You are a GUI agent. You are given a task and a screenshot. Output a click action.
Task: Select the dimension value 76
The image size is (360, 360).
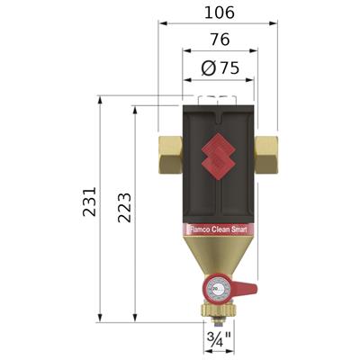(218, 40)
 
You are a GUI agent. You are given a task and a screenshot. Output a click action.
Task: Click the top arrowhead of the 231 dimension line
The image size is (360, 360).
(98, 101)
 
